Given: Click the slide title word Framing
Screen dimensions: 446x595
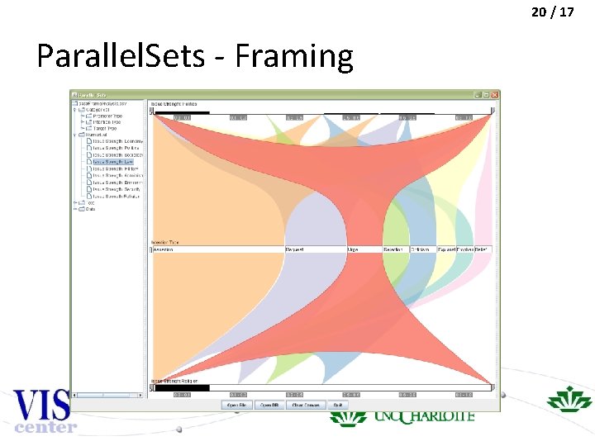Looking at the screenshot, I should [x=293, y=56].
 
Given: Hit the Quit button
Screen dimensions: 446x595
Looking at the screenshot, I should [x=337, y=405].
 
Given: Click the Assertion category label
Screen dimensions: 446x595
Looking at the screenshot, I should [x=164, y=249].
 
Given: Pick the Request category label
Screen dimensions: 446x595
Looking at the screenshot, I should [x=295, y=249].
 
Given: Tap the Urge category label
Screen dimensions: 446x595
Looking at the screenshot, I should [x=353, y=249].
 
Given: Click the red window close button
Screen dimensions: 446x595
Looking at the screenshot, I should [x=494, y=93].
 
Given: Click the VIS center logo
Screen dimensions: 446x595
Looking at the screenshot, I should [x=41, y=410].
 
